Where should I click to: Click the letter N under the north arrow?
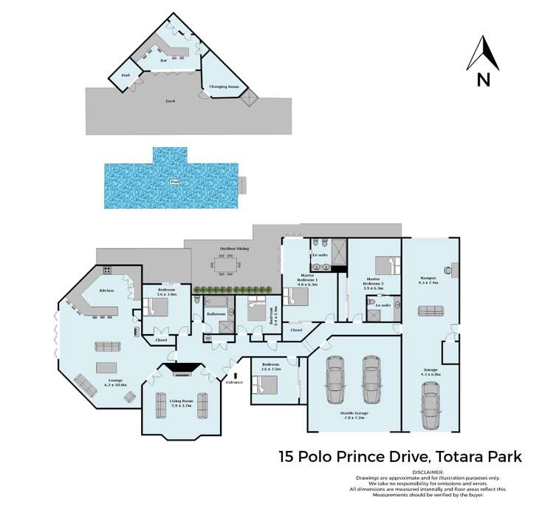(484, 79)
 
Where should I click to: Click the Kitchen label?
(106, 291)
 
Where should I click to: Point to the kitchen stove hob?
(107, 271)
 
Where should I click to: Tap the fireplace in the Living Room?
(180, 367)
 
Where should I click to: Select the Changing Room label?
(224, 87)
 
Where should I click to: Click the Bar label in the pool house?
(163, 60)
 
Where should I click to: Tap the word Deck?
(171, 100)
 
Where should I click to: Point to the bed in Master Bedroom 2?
(385, 264)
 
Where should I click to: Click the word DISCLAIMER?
(428, 472)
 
